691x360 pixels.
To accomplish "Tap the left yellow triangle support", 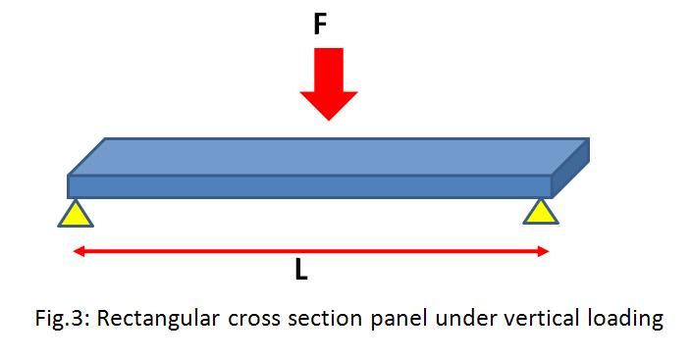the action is pyautogui.click(x=76, y=213).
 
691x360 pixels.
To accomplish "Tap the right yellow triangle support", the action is pyautogui.click(x=540, y=211).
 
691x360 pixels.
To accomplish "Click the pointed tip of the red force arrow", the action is pyautogui.click(x=329, y=119).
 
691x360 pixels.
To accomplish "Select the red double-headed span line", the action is pyautogui.click(x=196, y=252).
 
